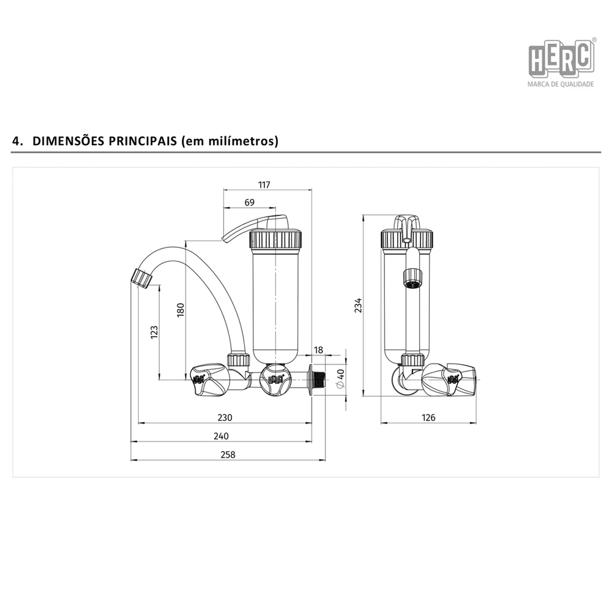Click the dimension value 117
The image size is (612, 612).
[264, 184]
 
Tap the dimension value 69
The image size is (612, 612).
[250, 202]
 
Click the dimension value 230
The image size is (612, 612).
[225, 417]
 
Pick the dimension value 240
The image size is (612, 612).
[221, 436]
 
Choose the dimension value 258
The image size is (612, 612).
[228, 455]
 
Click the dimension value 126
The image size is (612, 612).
[428, 417]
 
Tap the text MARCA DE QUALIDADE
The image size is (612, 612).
[560, 84]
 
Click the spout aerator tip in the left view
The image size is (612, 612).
[142, 277]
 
